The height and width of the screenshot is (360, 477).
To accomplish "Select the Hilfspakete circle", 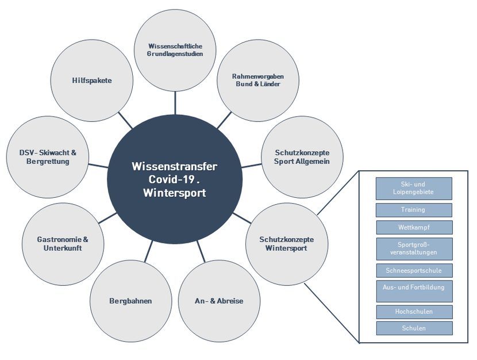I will coord(92,81).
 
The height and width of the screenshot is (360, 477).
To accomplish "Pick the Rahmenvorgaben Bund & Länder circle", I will coord(257,80).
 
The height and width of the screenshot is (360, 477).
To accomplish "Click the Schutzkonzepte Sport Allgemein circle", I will coord(302,156).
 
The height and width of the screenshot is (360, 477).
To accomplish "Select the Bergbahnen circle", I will coord(131,301).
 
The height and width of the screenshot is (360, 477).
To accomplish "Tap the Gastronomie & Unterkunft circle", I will coord(63,243).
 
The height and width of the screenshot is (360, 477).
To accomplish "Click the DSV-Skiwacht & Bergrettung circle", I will coord(48,157).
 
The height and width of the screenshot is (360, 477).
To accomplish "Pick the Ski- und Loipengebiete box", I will coord(414,188).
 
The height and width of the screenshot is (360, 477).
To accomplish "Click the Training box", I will coord(414,210).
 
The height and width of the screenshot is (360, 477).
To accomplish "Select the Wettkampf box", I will coord(414,227).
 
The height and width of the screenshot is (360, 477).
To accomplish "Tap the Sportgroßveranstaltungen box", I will coord(414,248).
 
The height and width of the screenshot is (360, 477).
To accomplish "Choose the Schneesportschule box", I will coord(414,270).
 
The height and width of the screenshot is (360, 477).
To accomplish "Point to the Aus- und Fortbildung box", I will coord(414,290).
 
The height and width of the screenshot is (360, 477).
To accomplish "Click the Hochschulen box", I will coord(414,312).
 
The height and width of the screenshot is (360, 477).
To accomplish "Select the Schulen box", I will coord(414,328).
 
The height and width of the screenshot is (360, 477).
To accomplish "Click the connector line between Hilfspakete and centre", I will coord(125,120).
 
